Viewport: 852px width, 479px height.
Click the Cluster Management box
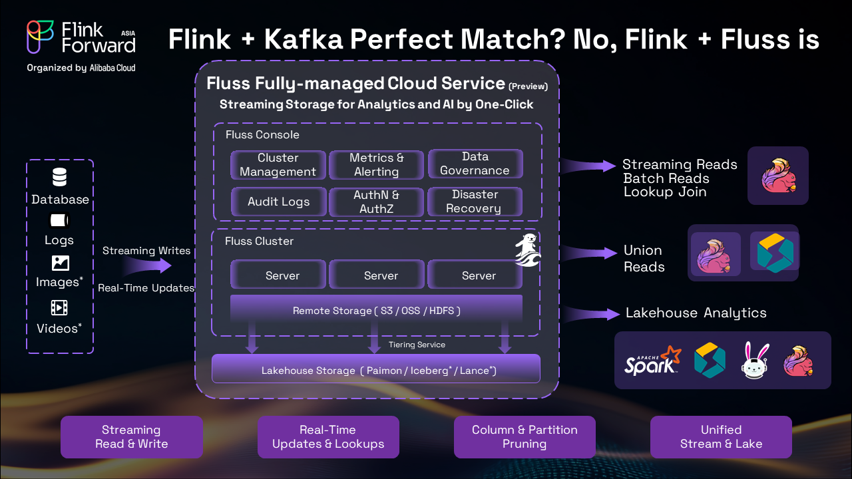pos(278,165)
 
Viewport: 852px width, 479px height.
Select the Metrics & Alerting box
pos(377,165)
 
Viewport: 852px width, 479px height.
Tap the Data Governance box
pos(475,164)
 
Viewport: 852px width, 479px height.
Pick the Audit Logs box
pos(278,202)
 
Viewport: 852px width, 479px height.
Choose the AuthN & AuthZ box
pos(377,202)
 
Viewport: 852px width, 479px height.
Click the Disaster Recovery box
pos(475,202)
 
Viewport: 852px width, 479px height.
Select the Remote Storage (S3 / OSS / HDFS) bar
pos(376,310)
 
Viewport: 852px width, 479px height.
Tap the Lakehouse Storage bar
pos(376,369)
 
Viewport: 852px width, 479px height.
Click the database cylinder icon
pos(60,178)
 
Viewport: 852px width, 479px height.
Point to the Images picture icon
pos(60,263)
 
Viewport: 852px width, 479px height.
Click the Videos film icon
pos(60,307)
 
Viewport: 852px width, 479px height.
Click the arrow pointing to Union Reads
pos(591,253)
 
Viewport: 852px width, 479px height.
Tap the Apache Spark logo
pos(652,361)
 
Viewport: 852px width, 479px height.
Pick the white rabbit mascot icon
pos(755,361)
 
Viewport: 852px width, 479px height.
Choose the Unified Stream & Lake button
pos(721,437)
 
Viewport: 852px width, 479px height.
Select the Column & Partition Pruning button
pos(525,437)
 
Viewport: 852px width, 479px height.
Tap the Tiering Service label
pos(417,345)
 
